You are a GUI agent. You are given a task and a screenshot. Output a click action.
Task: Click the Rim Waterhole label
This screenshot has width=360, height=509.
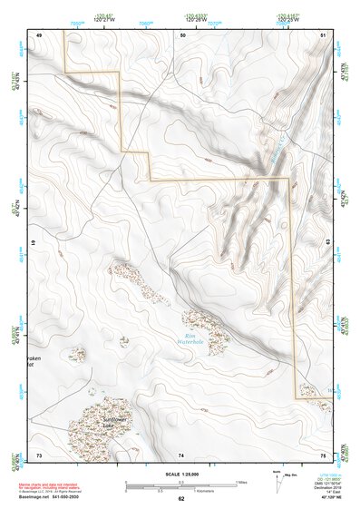pyautogui.click(x=192, y=340)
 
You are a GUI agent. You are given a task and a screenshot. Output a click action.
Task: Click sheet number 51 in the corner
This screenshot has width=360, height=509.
pyautogui.click(x=323, y=34)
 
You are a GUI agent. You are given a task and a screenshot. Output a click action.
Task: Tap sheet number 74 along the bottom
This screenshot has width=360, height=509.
pyautogui.click(x=181, y=454)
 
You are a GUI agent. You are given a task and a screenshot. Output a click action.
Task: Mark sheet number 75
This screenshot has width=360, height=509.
pyautogui.click(x=323, y=454)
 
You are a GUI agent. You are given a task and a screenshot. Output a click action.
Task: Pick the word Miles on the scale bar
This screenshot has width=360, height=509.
pyautogui.click(x=240, y=481)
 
